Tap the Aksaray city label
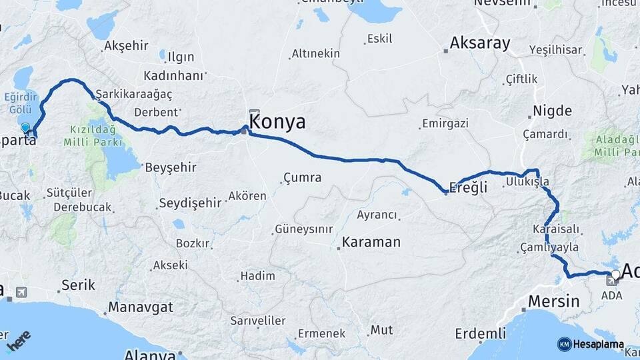tap(479, 44)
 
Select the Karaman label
tap(371, 242)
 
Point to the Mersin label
tap(553, 301)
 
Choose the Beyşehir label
tap(171, 167)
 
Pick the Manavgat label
tap(140, 307)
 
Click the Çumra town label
tap(302, 178)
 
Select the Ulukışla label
tap(527, 181)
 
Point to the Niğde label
tap(552, 110)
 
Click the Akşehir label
tap(126, 47)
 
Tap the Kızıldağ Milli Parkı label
tap(93, 136)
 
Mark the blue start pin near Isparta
tap(25, 127)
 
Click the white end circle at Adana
tap(615, 274)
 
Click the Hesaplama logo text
tap(597, 345)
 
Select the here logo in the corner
tap(19, 341)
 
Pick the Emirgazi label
tap(445, 124)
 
